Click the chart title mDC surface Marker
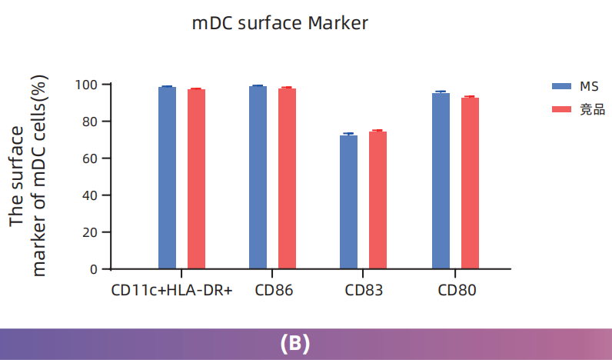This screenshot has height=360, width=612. [280, 24]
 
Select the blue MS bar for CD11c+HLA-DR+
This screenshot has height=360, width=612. [167, 178]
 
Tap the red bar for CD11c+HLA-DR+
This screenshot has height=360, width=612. [196, 179]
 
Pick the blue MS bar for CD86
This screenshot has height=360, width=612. [258, 177]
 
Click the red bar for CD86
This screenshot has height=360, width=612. [287, 178]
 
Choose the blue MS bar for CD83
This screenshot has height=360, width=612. [348, 202]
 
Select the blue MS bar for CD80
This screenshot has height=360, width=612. [441, 181]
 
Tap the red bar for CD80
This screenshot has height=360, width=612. [470, 183]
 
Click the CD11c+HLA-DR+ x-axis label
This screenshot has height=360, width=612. [171, 291]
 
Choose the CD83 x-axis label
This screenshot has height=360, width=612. [364, 291]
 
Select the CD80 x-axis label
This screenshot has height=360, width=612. [457, 291]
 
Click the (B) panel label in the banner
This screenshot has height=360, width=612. [295, 344]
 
